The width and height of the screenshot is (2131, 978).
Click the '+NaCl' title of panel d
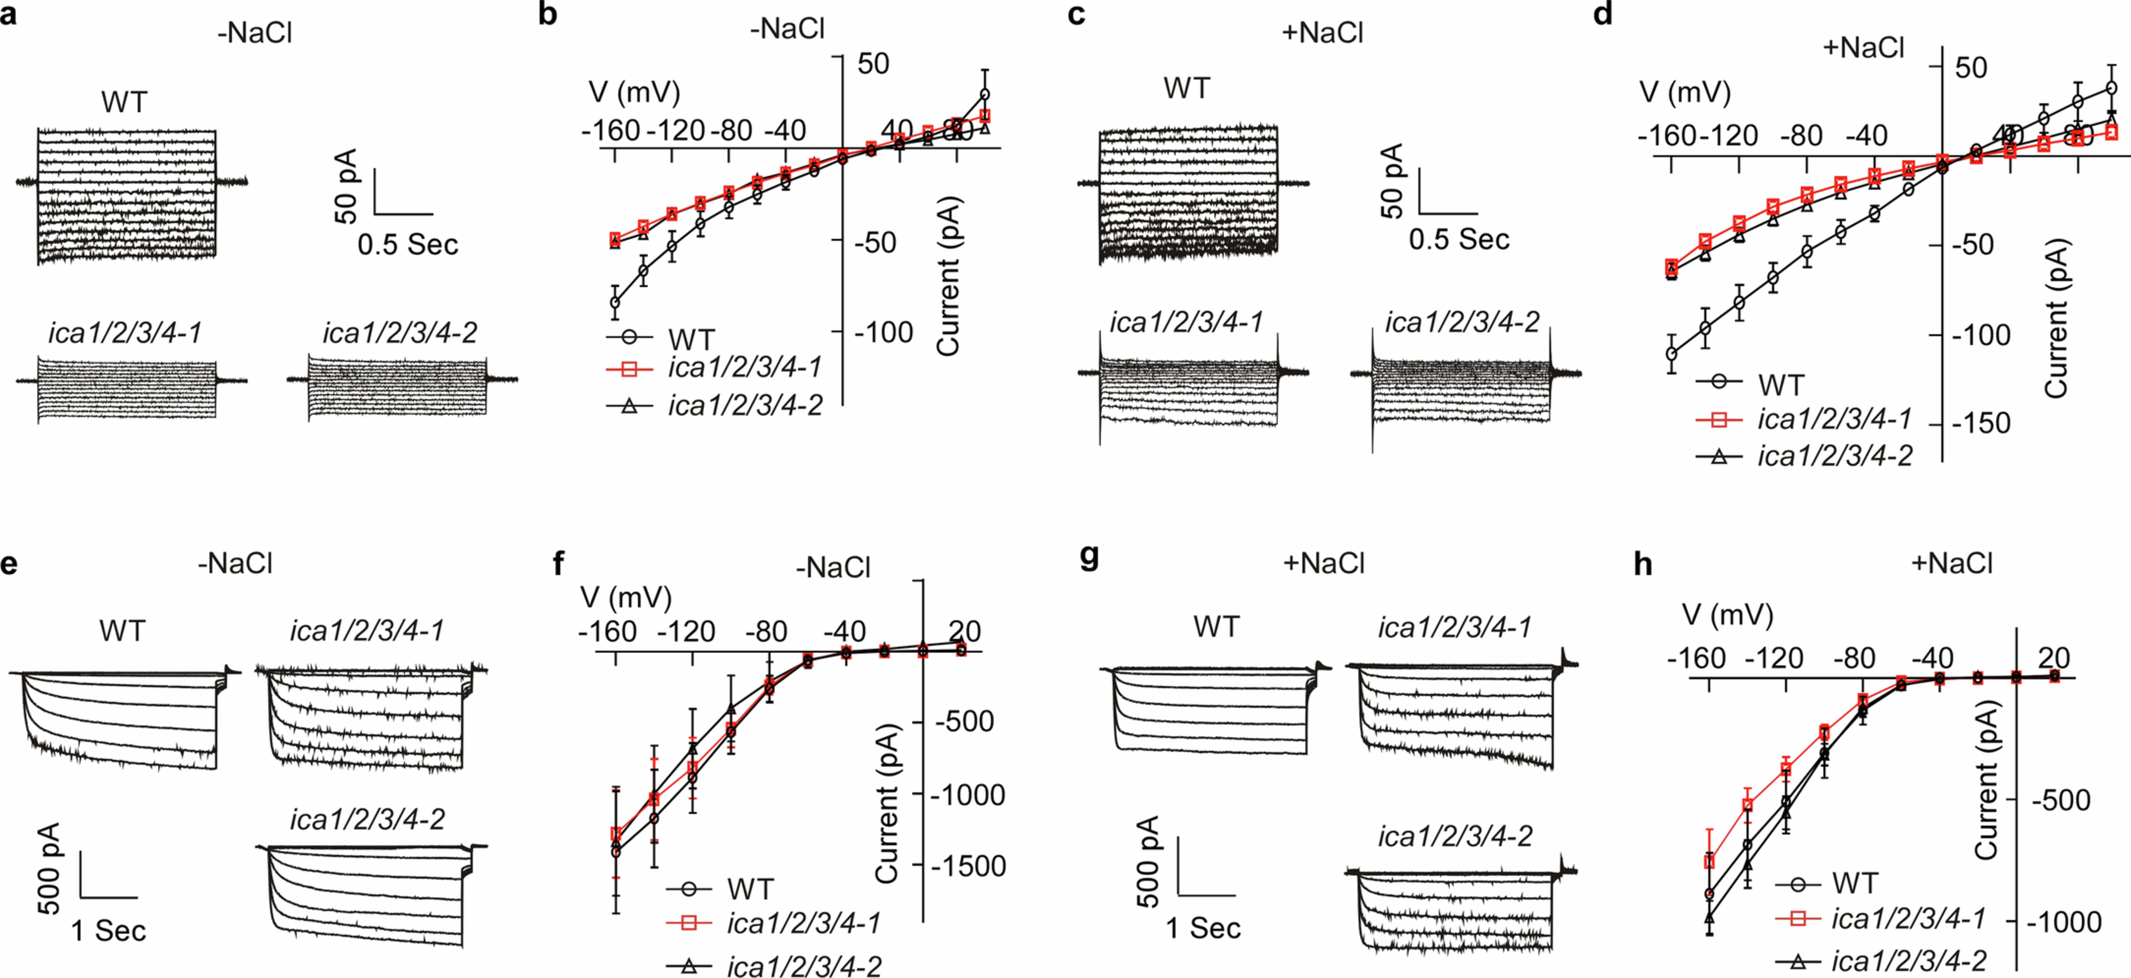[1863, 48]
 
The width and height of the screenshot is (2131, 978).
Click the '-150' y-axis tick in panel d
[1980, 423]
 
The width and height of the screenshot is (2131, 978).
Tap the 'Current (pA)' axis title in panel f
[886, 804]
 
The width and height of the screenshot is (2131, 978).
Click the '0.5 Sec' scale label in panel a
[408, 244]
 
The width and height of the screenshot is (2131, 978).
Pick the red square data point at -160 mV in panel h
[1709, 862]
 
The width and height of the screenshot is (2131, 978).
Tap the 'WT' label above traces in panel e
[122, 631]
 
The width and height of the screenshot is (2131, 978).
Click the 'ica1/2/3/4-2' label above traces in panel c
[1462, 322]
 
